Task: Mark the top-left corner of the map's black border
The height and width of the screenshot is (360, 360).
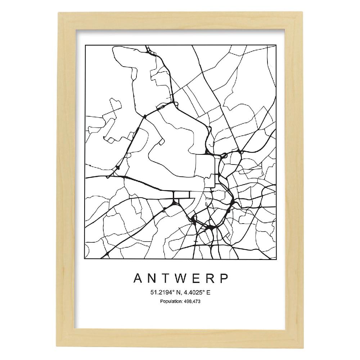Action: tap(85, 46)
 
